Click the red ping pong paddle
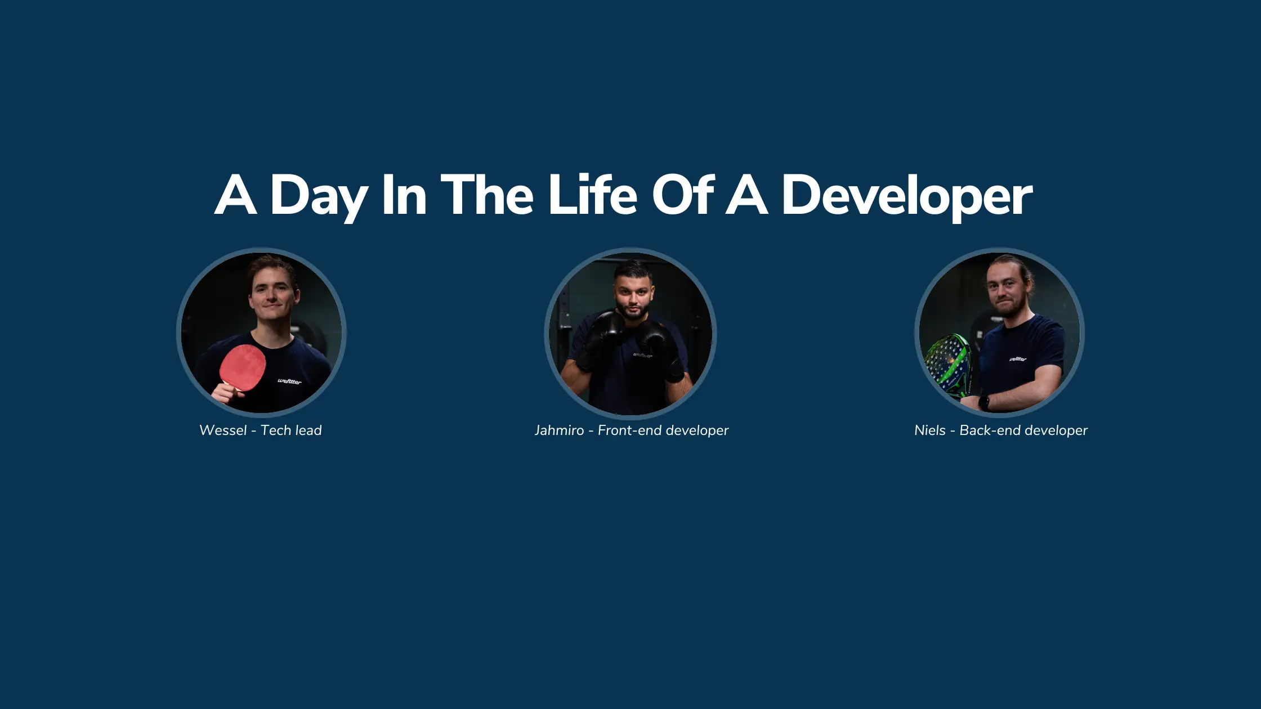point(243,367)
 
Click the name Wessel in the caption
point(223,430)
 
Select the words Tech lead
point(291,430)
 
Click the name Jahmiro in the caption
point(559,430)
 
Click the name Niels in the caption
point(929,430)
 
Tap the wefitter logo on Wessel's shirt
point(289,381)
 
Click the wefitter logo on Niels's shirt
point(1017,358)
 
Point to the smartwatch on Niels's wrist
point(983,402)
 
